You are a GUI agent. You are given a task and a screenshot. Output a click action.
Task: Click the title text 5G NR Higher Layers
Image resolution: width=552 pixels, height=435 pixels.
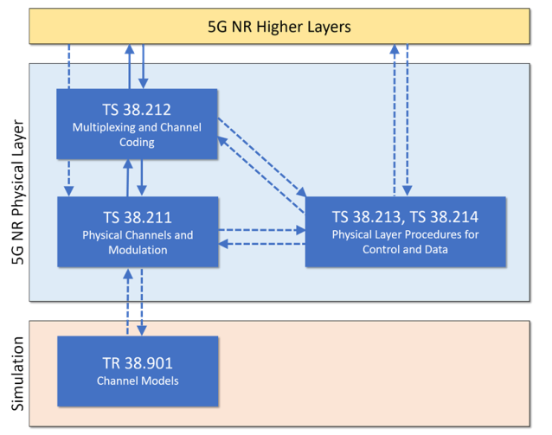tap(279, 26)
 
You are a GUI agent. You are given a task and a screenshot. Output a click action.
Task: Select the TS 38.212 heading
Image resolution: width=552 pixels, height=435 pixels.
tap(137, 110)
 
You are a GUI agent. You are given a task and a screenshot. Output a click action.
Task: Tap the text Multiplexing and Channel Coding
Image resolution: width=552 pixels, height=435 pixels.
tap(137, 135)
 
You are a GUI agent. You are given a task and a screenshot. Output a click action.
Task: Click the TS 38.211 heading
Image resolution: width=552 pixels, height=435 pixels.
tap(137, 217)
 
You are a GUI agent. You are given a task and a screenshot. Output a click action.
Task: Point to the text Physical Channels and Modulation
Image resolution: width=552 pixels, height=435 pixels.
tap(137, 242)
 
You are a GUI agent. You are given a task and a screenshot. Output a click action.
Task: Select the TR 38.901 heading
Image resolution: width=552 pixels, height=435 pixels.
tap(137, 364)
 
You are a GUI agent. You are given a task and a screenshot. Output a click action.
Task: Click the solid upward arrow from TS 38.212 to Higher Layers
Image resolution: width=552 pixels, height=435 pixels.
tap(128, 66)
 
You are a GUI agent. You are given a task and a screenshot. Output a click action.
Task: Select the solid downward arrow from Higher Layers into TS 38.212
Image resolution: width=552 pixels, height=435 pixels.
tap(143, 66)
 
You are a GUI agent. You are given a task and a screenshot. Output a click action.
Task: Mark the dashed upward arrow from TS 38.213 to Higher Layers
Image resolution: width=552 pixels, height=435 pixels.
tap(394, 120)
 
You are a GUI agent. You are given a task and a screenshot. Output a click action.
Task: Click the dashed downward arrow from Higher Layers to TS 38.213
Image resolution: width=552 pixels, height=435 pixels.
tap(408, 120)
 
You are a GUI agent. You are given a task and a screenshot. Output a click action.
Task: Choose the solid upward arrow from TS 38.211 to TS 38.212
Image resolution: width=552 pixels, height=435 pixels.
tap(128, 178)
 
